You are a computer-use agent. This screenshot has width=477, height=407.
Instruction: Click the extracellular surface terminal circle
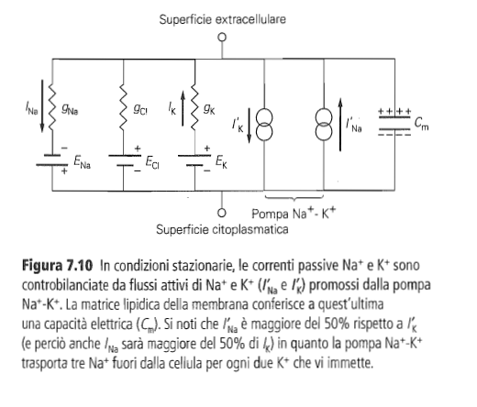[222, 38]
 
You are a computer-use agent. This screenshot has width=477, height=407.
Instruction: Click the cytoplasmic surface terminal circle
[222, 213]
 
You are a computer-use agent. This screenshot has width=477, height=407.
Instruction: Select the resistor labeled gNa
[52, 107]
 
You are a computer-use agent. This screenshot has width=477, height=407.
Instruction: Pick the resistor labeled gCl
[124, 107]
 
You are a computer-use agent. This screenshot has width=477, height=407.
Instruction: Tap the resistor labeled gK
[194, 107]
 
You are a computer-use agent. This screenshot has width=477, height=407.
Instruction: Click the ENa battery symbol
[52, 160]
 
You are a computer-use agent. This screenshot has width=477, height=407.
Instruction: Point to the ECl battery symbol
[125, 160]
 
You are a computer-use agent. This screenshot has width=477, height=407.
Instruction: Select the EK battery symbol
[194, 160]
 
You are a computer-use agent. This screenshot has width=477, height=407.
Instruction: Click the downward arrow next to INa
[42, 106]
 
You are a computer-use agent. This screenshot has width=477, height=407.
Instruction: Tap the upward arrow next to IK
[183, 108]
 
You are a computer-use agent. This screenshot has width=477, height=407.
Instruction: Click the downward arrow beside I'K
[250, 126]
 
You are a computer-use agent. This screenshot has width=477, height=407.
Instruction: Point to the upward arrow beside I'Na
[340, 125]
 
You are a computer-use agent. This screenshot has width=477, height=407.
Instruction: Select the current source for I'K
[264, 126]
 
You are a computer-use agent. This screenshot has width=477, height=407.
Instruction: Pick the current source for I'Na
[324, 126]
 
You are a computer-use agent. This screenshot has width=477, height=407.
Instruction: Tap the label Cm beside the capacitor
[422, 124]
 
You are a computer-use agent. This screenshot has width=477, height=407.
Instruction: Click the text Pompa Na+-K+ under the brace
[294, 213]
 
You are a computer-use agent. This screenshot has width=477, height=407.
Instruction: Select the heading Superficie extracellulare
[223, 19]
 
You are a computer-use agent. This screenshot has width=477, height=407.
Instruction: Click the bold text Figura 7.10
[57, 266]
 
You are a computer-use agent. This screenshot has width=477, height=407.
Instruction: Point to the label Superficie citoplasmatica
[222, 229]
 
